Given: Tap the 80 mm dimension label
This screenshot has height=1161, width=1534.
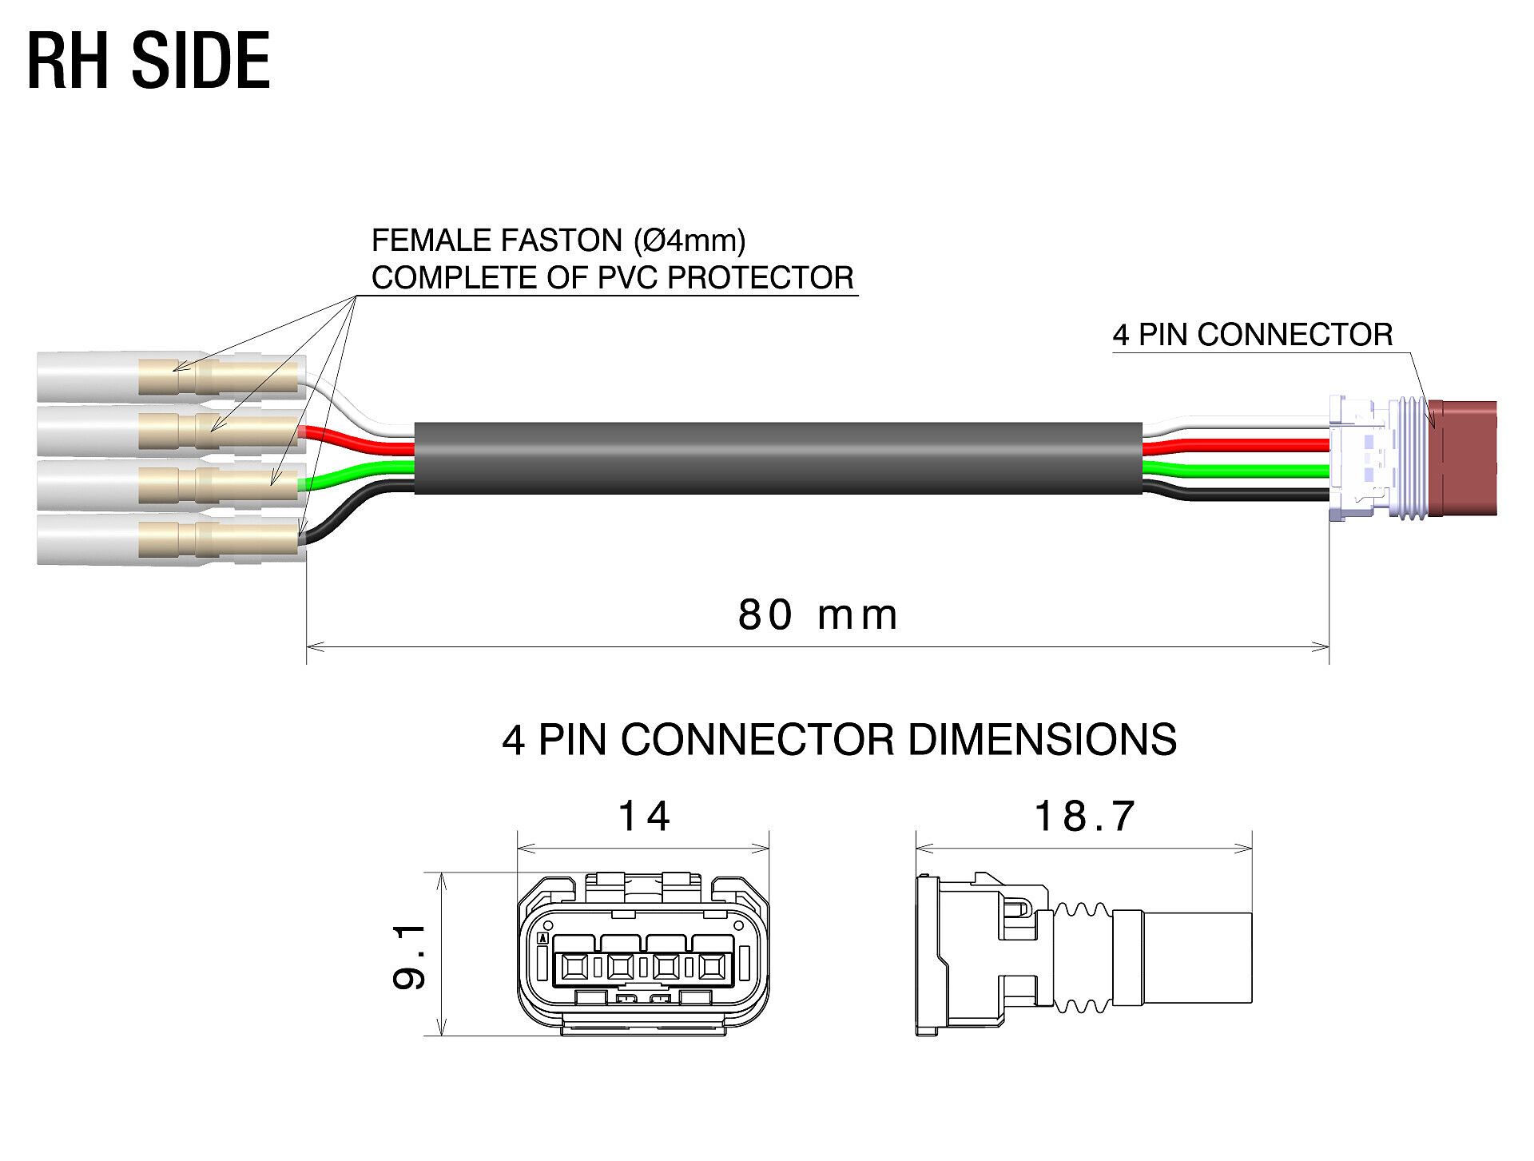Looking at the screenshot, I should [817, 615].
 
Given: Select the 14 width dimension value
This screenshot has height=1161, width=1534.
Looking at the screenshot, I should [644, 817].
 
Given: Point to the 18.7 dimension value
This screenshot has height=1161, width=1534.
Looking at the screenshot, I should [1084, 817].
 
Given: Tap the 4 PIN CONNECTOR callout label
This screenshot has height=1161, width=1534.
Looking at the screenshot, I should [1252, 335].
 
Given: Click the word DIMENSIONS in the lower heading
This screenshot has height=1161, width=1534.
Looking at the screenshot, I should [1041, 740].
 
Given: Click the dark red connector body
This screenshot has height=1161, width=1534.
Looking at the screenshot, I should [1464, 458].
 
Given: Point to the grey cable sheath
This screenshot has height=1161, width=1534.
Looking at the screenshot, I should [777, 458].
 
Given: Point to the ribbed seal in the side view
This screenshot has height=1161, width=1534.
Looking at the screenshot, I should [1083, 957].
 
